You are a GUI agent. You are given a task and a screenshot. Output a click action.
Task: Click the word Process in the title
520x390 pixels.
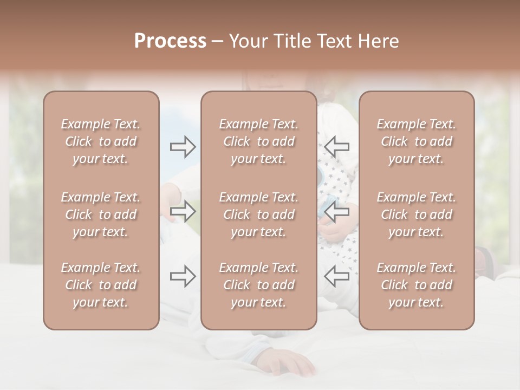click(x=170, y=41)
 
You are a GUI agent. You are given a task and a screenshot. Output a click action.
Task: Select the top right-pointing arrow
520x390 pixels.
click(x=183, y=147)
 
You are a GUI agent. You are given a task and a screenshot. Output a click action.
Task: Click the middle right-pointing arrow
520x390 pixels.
click(x=183, y=211)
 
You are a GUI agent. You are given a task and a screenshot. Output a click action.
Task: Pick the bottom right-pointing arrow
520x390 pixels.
click(x=183, y=276)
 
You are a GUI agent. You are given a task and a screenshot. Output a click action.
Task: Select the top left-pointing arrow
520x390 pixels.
click(x=337, y=147)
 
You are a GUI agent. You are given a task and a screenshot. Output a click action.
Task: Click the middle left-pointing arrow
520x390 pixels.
click(x=337, y=211)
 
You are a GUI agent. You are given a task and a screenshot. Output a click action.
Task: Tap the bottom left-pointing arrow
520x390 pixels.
click(x=337, y=276)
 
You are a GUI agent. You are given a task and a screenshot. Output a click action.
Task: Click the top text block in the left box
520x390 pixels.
click(x=101, y=141)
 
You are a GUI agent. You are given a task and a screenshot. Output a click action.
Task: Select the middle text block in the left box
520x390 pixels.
click(x=101, y=214)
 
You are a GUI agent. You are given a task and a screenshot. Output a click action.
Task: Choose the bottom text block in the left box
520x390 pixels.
click(x=101, y=285)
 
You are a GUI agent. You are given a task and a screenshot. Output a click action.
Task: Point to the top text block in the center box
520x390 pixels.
click(x=259, y=141)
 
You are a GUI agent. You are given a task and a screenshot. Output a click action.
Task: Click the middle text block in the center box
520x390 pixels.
click(x=259, y=214)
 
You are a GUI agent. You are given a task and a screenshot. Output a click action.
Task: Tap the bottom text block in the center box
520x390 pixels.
click(x=259, y=285)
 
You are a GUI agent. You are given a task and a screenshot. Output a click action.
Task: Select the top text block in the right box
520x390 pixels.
click(x=417, y=141)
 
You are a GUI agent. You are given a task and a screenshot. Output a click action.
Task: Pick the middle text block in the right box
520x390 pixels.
click(x=417, y=214)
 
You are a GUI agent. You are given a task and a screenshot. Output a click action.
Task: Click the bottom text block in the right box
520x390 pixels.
click(x=417, y=285)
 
